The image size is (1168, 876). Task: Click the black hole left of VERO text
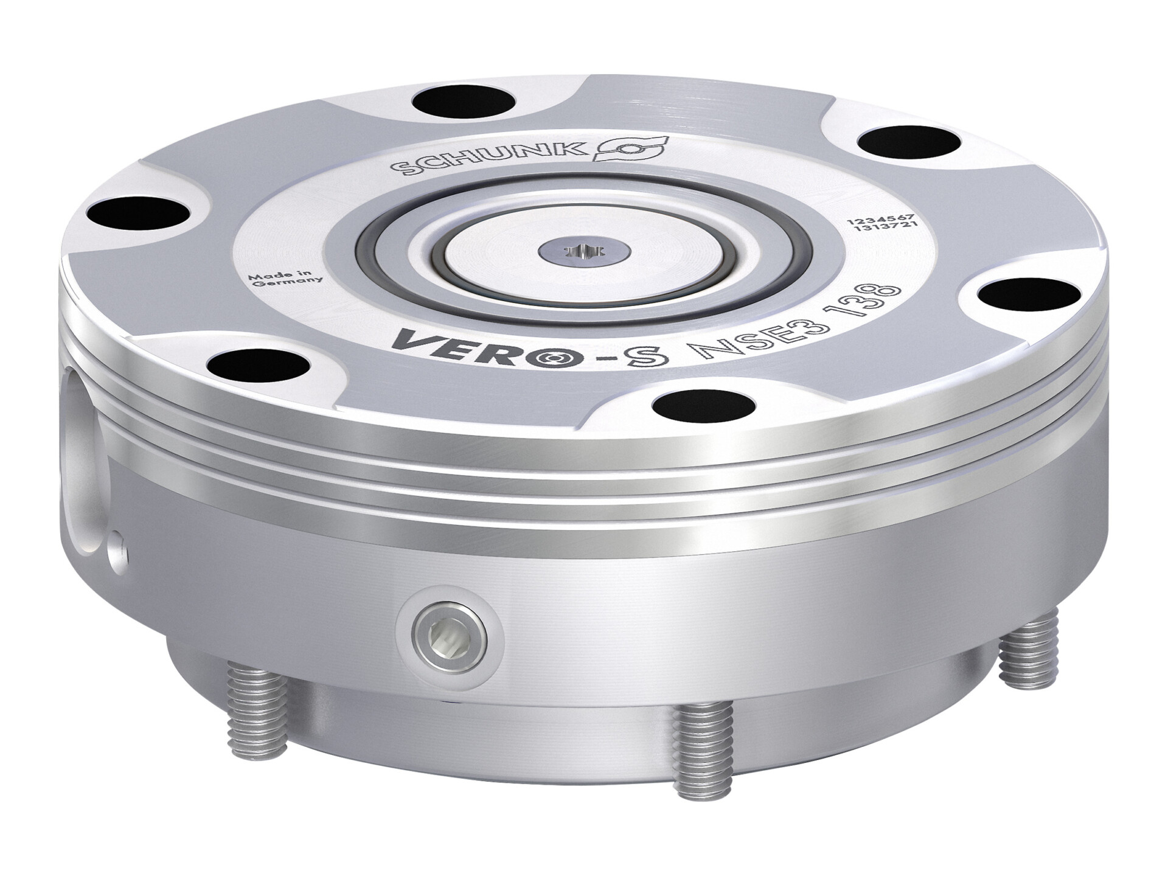coord(259,365)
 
